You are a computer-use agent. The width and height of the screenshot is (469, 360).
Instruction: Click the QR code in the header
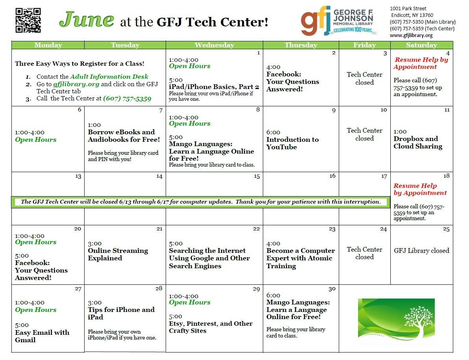28,20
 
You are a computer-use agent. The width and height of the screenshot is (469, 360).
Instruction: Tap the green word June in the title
87,20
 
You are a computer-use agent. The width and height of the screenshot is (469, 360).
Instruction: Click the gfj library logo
338,20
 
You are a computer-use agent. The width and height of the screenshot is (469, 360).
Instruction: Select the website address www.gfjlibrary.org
411,35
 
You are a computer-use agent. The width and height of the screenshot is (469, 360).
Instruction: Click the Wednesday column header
214,45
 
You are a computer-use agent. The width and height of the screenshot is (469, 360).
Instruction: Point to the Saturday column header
421,45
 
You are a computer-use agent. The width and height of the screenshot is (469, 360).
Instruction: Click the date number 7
161,111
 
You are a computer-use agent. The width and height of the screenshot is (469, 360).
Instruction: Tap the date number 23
332,229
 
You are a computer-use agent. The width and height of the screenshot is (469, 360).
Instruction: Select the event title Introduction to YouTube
292,143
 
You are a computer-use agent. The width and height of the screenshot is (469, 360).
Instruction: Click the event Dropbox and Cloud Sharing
418,143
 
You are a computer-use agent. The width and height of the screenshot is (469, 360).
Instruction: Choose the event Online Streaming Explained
118,254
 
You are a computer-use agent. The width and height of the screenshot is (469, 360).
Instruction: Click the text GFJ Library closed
421,251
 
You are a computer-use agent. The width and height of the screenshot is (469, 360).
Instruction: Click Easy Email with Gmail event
42,336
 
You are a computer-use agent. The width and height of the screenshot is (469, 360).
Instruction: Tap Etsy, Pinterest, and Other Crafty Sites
210,327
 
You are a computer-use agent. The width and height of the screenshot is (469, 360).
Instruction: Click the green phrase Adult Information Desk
109,77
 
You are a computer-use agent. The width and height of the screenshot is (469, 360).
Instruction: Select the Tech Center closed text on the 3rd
364,78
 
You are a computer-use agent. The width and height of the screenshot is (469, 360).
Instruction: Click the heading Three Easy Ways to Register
79,64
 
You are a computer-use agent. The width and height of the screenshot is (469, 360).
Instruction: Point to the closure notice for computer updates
201,202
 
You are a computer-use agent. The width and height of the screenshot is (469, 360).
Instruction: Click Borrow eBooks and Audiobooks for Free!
124,135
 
